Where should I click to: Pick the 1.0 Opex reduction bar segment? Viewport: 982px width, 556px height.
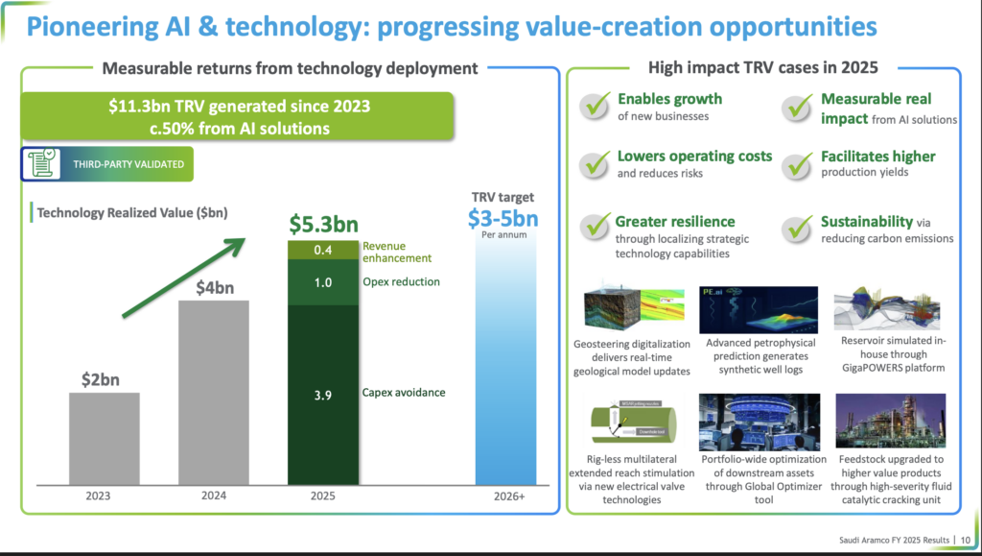pyautogui.click(x=323, y=282)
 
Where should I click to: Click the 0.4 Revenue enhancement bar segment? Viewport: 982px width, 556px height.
pyautogui.click(x=323, y=250)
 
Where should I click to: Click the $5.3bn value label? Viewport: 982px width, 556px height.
pyautogui.click(x=323, y=225)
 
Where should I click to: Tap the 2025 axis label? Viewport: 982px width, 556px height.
pyautogui.click(x=323, y=496)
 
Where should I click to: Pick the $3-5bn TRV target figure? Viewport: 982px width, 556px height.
pyautogui.click(x=503, y=218)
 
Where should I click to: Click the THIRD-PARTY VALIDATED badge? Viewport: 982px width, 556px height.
pyautogui.click(x=106, y=164)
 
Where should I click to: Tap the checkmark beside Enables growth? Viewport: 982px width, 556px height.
pyautogui.click(x=597, y=107)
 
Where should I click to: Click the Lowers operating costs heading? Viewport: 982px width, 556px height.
pyautogui.click(x=694, y=156)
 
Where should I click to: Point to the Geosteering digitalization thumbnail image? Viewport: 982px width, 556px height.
pyautogui.click(x=632, y=310)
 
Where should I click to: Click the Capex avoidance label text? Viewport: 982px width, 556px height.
pyautogui.click(x=403, y=393)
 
